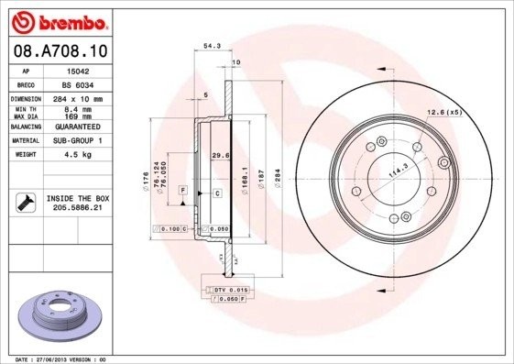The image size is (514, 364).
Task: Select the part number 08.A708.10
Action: coord(60,51)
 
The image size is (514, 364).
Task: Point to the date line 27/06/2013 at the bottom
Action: coord(55,359)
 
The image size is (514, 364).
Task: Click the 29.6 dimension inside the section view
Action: coord(220,155)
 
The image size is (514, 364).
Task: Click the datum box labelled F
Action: coord(183,189)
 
